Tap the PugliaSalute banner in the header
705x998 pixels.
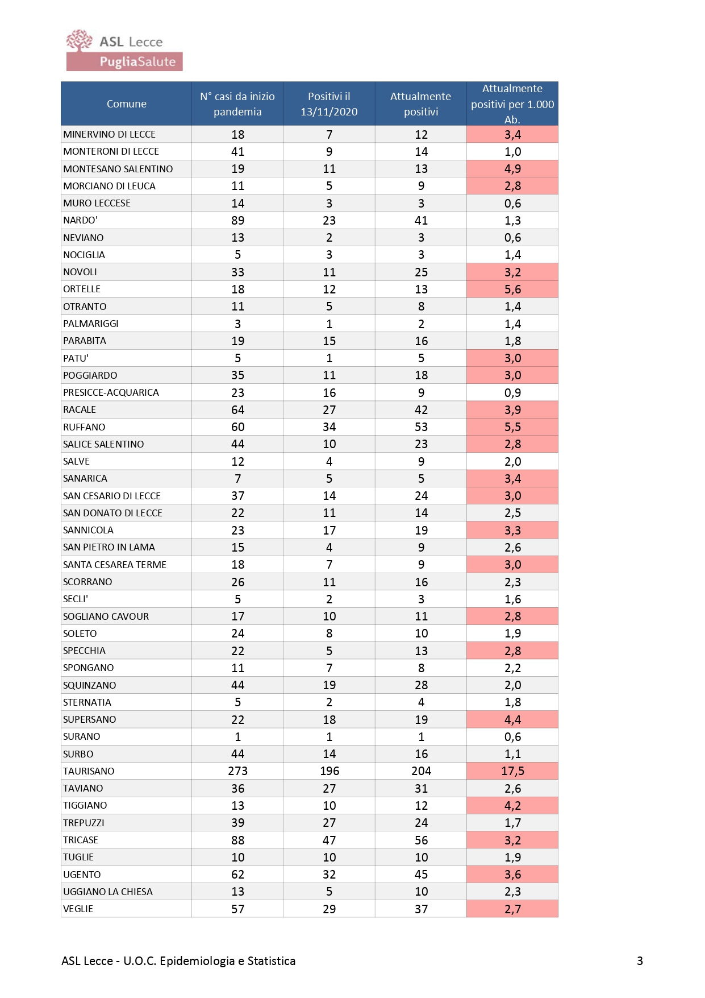point(124,61)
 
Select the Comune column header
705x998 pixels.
point(126,103)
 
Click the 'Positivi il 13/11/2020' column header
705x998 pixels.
point(329,103)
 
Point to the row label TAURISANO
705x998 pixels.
point(89,771)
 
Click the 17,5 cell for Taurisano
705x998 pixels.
point(512,771)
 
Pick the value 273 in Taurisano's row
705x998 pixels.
point(237,771)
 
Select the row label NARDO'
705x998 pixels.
point(80,220)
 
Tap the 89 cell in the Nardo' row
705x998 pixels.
point(237,220)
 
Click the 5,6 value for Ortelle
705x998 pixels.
point(512,289)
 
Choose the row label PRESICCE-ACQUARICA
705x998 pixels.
point(111,392)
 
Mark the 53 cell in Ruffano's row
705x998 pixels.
point(421,427)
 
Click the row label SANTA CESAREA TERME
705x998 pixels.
point(115,565)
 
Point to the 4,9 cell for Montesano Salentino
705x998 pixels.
point(512,168)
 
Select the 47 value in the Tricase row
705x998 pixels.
point(329,840)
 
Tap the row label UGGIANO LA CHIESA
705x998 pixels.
point(108,892)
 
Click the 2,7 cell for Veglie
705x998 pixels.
point(512,909)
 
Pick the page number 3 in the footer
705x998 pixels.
point(640,961)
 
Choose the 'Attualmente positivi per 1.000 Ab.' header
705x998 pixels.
point(512,103)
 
